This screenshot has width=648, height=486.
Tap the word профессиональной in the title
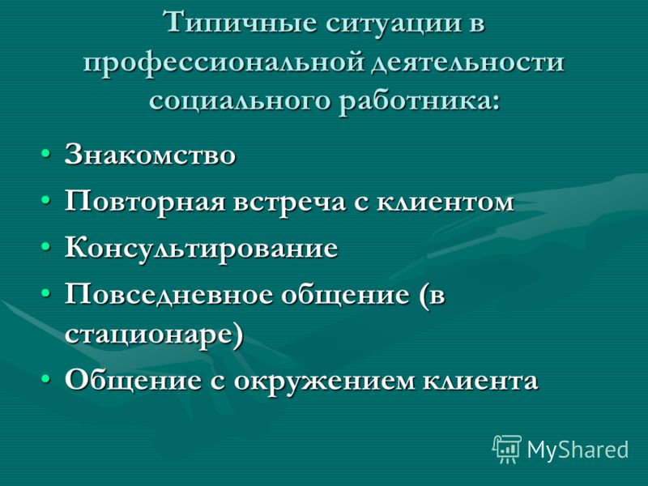(224, 64)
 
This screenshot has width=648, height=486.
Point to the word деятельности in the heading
(467, 64)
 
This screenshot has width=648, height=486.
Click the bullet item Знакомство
(150, 155)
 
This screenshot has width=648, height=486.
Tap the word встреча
(289, 203)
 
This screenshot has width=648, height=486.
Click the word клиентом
(445, 202)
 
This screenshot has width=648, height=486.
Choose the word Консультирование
(201, 249)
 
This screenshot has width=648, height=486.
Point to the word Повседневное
(168, 295)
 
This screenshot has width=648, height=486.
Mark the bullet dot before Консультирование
(46, 247)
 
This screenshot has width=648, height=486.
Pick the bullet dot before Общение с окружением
(46, 378)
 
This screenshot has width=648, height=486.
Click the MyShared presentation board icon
(507, 450)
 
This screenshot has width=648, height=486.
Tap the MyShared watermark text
(578, 450)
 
